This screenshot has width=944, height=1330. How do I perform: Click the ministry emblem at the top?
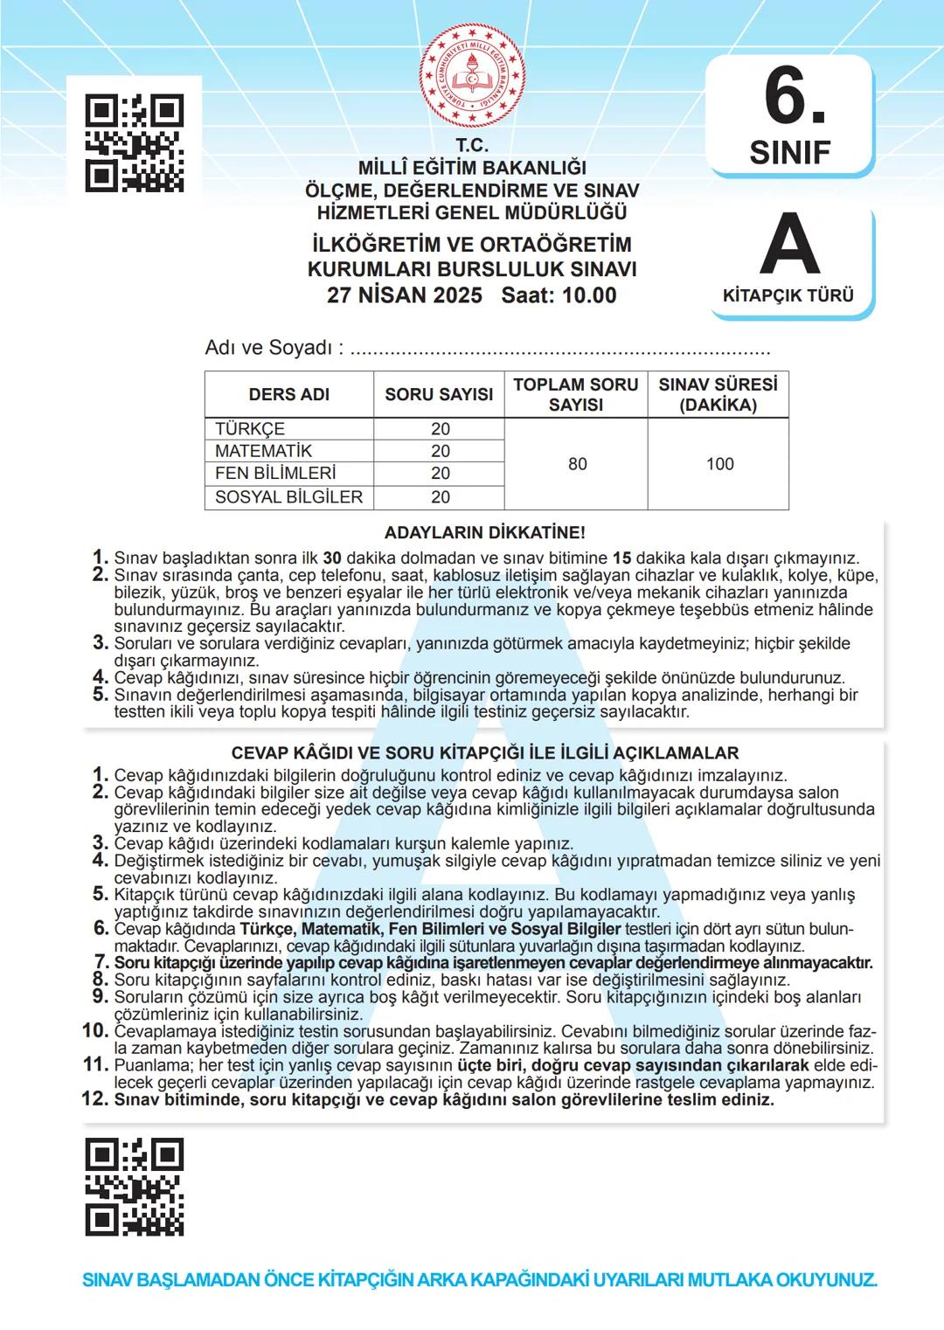[472, 75]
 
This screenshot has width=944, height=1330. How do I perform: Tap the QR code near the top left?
[135, 142]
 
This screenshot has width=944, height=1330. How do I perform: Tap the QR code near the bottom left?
[135, 1187]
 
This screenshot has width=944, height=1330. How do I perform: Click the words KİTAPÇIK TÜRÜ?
[788, 295]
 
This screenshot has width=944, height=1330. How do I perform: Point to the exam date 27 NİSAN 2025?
[405, 295]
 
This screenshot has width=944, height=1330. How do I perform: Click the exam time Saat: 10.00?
[559, 295]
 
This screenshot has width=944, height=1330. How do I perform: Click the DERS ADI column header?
[289, 394]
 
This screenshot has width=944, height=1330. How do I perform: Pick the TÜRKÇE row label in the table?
[250, 429]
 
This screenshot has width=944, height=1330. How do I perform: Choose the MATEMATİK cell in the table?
[263, 451]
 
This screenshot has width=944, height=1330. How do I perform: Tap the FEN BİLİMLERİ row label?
[275, 473]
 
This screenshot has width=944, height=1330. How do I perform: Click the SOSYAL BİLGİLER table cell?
[288, 497]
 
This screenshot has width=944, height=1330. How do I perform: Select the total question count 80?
[577, 464]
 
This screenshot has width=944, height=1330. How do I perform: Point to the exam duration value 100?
[719, 464]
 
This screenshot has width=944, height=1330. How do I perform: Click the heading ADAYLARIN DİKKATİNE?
[484, 532]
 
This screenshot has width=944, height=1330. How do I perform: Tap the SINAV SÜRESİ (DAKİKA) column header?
[718, 394]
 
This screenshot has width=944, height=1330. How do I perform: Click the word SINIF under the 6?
[790, 152]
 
